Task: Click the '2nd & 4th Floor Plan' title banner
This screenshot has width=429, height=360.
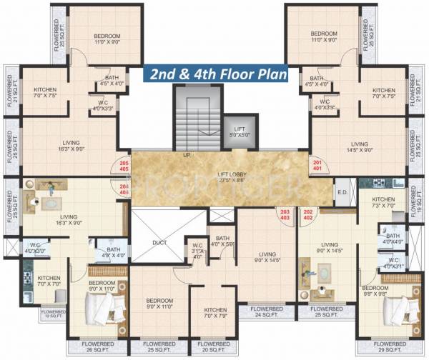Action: point(216,74)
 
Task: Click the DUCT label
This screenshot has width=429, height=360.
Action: point(159,242)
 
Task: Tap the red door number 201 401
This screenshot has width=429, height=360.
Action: point(317,166)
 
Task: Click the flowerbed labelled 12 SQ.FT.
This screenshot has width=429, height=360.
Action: point(54,314)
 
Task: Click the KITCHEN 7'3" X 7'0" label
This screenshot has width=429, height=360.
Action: point(383,202)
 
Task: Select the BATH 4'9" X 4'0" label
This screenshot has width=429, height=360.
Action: point(113,252)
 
